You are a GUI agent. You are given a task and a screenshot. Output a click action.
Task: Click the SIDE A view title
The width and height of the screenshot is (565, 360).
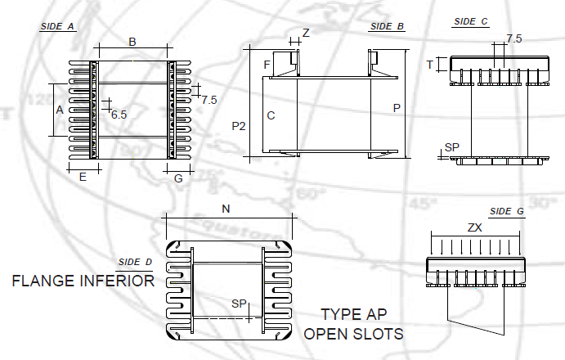57,26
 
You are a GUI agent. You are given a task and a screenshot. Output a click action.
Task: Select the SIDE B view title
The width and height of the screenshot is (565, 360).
387,26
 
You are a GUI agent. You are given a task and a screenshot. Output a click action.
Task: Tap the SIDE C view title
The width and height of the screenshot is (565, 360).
471,21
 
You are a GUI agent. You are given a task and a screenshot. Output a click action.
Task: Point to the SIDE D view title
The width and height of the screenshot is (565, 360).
135,262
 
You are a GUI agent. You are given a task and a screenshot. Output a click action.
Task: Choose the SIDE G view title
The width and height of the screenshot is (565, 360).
507,211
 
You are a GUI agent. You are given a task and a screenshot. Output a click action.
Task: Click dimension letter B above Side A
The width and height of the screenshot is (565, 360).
132,42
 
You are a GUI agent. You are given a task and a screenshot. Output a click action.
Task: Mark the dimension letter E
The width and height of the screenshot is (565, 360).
83,177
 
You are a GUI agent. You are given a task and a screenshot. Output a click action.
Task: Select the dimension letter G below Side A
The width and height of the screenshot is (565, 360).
178,178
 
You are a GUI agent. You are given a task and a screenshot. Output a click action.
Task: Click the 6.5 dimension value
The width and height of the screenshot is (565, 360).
119,115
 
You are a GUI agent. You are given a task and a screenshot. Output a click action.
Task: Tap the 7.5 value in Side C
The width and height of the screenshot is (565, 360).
514,38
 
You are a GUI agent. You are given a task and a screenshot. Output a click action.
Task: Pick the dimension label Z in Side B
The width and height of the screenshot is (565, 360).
306,33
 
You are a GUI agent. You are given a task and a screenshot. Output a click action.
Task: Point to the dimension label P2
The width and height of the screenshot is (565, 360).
239,126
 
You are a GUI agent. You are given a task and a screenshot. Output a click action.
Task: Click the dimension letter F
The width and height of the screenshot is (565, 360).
267,65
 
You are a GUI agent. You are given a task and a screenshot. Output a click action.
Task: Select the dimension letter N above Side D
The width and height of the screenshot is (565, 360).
226,209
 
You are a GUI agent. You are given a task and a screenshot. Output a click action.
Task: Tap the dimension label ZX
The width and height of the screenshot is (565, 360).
474,227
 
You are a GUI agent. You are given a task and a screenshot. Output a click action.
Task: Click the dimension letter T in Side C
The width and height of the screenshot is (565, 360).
429,65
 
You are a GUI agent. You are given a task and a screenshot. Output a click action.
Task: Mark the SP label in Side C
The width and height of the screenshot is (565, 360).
452,147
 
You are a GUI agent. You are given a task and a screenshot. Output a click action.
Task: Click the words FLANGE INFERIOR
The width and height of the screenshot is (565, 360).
83,281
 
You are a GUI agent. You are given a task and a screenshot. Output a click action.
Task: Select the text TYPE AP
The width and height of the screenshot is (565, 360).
354,314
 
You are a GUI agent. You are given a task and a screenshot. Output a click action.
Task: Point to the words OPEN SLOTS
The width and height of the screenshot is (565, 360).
353,334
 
